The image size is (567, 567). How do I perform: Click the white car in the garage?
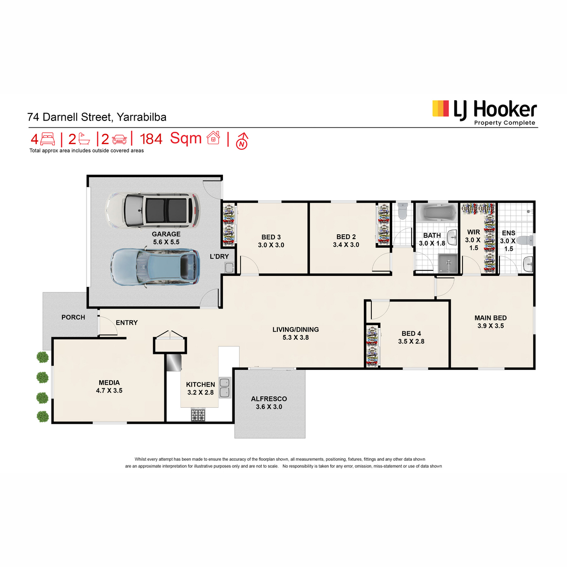[153, 210]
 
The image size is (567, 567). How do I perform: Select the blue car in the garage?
[155, 267]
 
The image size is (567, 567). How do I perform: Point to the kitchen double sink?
[225, 387]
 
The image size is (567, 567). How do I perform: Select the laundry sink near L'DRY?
[229, 267]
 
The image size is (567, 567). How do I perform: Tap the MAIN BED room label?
[490, 318]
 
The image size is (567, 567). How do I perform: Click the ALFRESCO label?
[269, 399]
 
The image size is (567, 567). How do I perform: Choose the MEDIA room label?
[109, 383]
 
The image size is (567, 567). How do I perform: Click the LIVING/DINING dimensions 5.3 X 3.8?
[295, 337]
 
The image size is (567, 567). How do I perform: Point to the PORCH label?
[73, 317]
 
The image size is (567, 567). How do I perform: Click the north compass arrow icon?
[242, 141]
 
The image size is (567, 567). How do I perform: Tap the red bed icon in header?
[47, 138]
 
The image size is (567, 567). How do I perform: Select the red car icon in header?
[119, 139]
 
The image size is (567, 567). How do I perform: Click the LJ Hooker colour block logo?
[440, 109]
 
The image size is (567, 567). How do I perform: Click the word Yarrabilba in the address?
[142, 117]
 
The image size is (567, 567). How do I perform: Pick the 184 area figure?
[151, 139]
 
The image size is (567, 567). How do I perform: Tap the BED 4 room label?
[411, 334]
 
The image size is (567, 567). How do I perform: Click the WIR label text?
[473, 232]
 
